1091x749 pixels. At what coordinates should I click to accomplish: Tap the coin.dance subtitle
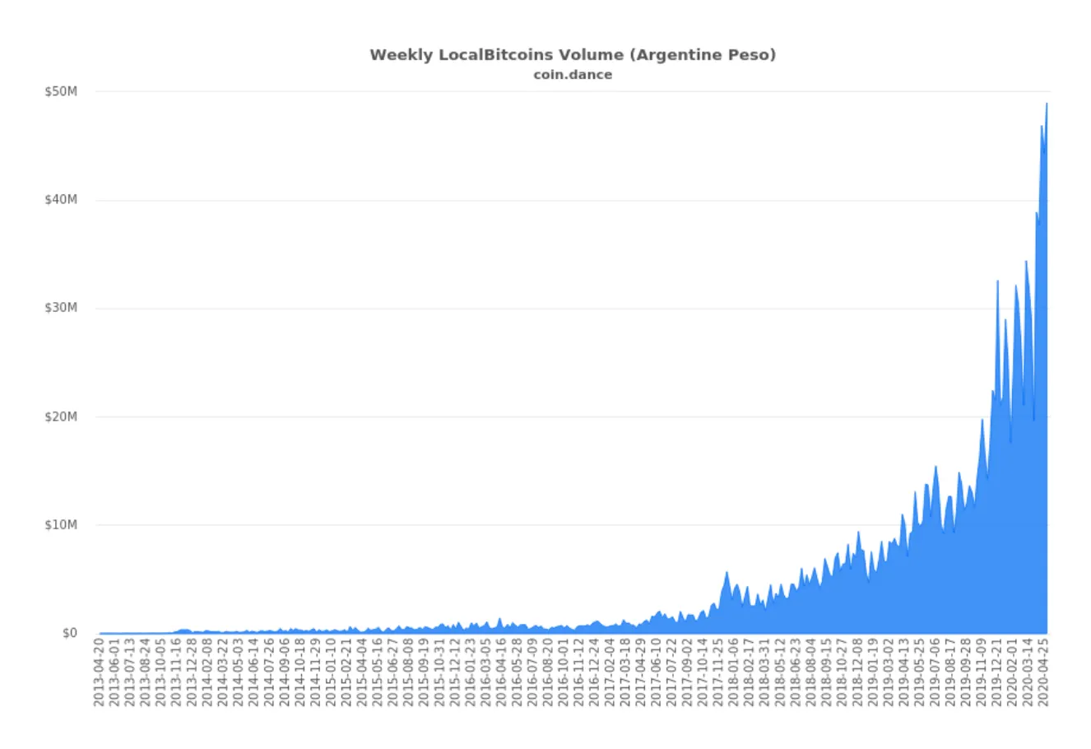[572, 75]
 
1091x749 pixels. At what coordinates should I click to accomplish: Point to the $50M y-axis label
[61, 91]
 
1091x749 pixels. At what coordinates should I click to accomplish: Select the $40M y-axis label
[61, 200]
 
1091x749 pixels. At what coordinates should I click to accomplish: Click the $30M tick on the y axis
[61, 308]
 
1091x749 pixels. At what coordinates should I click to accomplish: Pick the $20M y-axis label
[61, 416]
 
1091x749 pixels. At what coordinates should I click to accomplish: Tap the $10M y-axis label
[61, 525]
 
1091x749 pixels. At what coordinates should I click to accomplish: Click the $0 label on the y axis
[69, 633]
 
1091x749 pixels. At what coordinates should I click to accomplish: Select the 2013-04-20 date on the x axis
[99, 672]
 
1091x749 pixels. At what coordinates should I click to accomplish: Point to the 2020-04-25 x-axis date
[1042, 672]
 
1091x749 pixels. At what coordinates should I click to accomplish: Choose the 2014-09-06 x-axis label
[285, 672]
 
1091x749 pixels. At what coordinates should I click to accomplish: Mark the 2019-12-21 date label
[996, 672]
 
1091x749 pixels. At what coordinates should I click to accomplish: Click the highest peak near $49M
[1046, 105]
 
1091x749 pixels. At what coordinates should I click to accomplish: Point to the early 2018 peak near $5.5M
[727, 573]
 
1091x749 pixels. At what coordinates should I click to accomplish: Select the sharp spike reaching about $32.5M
[997, 281]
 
